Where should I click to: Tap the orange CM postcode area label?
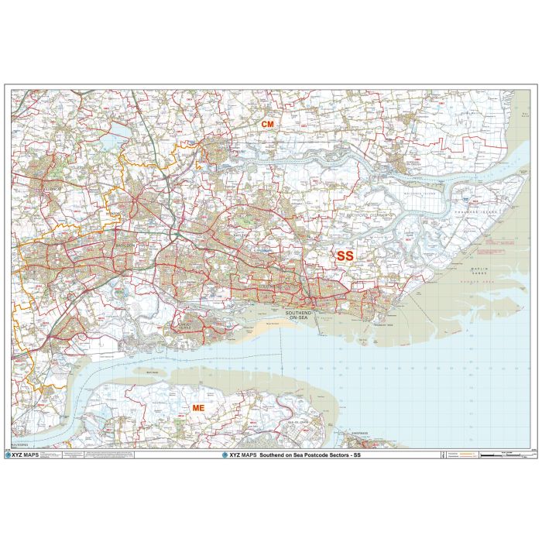(267, 125)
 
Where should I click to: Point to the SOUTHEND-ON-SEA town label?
(298, 316)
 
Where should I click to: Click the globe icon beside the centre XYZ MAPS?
(225, 455)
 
